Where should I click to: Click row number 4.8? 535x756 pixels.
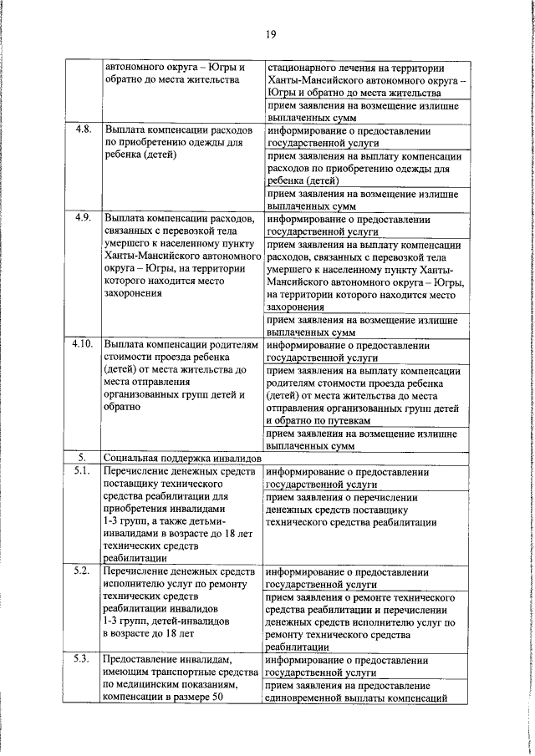click(82, 131)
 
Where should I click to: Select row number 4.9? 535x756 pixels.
click(82, 217)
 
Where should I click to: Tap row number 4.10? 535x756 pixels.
click(82, 343)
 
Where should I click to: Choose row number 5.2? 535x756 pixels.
click(82, 571)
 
